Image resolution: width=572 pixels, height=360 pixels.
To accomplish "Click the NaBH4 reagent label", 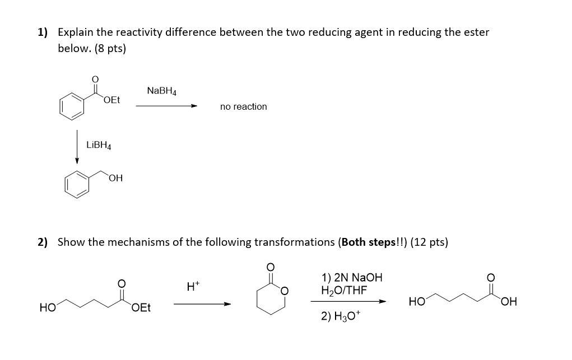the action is pyautogui.click(x=161, y=91).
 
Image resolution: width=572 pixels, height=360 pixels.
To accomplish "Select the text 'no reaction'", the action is pyautogui.click(x=243, y=106).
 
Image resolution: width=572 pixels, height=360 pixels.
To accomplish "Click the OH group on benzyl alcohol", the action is pyautogui.click(x=116, y=179).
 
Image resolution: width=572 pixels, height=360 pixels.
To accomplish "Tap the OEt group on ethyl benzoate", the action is pyautogui.click(x=111, y=100).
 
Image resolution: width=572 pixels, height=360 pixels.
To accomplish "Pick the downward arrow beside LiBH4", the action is pyautogui.click(x=77, y=147).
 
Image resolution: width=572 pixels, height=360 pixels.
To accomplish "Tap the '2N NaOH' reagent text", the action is pyautogui.click(x=352, y=278).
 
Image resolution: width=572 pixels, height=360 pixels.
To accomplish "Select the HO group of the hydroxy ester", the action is pyautogui.click(x=47, y=307).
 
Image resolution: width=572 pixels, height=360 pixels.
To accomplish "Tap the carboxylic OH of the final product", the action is pyautogui.click(x=509, y=302).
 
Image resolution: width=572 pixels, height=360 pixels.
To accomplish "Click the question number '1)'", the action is pyautogui.click(x=43, y=32).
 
